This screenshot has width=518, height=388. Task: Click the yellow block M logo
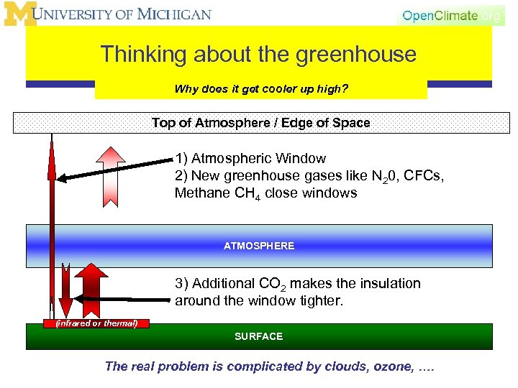click(19, 14)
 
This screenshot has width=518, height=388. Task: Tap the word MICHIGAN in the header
click(177, 14)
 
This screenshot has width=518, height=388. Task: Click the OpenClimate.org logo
click(451, 16)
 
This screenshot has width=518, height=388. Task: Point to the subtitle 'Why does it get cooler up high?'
click(261, 90)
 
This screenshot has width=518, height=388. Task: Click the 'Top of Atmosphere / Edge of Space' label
click(260, 123)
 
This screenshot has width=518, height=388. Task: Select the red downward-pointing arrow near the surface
click(65, 291)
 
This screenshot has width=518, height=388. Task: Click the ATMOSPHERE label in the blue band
click(259, 246)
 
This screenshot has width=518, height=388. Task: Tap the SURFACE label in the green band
click(259, 336)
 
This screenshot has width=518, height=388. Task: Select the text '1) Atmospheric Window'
click(250, 158)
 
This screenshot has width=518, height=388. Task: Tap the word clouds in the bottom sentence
click(336, 366)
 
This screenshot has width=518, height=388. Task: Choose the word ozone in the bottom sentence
click(391, 366)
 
